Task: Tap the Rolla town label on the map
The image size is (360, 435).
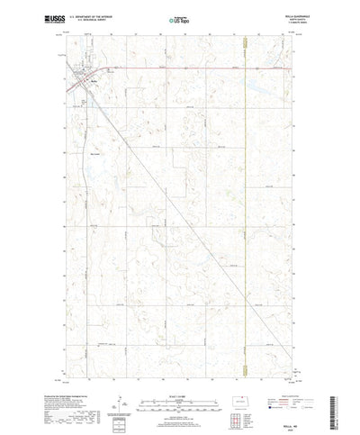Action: point(93,80)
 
